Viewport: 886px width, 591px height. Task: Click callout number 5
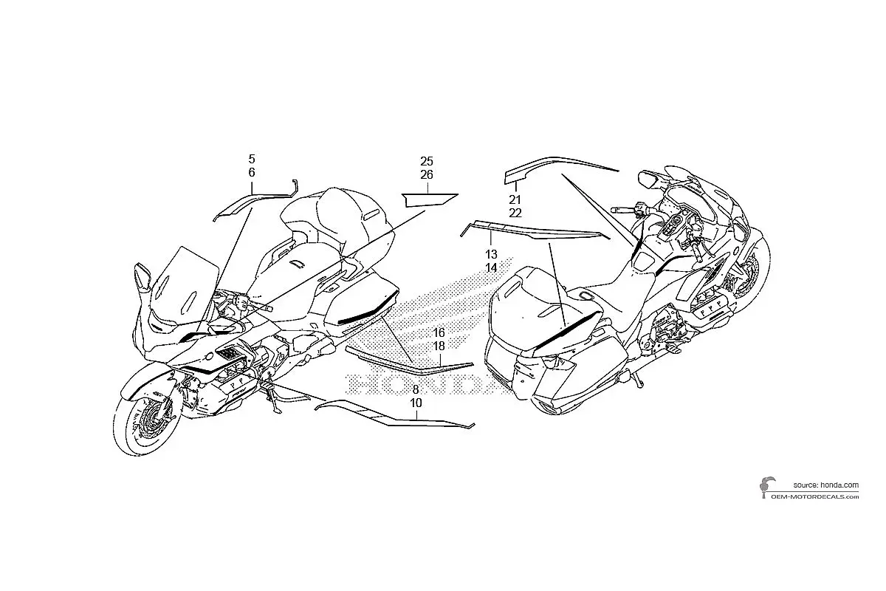coord(252,159)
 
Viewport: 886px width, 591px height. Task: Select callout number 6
coord(252,173)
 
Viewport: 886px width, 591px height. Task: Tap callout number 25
coord(427,161)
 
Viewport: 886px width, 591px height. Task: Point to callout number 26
coord(427,174)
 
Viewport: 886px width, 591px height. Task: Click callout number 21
coord(515,199)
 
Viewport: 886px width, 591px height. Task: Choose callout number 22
coord(515,213)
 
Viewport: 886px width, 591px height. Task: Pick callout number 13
coord(491,254)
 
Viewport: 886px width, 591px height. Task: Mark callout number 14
coord(491,267)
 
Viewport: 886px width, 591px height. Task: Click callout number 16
coord(439,332)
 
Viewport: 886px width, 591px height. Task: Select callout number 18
coord(439,346)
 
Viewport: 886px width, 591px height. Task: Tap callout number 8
coord(416,389)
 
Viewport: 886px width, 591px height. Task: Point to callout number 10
coord(416,403)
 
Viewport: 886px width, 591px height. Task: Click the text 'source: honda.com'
coord(826,485)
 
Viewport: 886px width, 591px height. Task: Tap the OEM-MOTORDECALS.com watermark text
coord(815,496)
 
